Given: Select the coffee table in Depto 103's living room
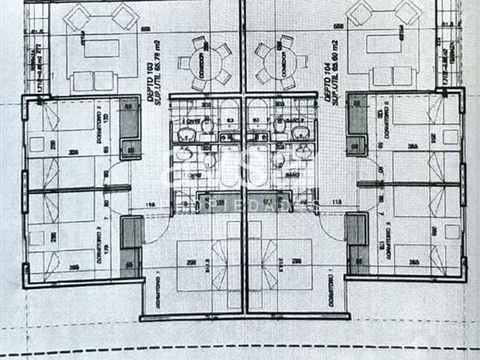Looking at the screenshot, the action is pos(102,49).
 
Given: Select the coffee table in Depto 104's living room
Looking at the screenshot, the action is pos(378,49).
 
